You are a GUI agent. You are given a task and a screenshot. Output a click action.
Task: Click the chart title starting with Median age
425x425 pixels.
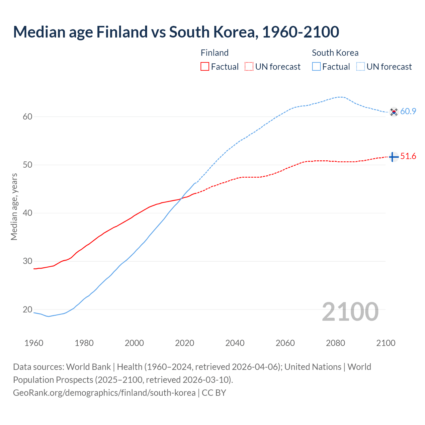click(x=176, y=32)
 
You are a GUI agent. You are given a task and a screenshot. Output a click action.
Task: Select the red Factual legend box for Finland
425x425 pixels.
click(x=205, y=67)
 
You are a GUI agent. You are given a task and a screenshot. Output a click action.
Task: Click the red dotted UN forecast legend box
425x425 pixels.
click(x=249, y=67)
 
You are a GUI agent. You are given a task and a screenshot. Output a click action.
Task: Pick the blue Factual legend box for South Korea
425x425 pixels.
click(x=316, y=67)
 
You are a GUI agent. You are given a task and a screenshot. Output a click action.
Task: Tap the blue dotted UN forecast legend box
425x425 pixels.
click(x=361, y=67)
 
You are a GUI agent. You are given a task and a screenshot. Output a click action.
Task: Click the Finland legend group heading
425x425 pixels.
click(x=214, y=53)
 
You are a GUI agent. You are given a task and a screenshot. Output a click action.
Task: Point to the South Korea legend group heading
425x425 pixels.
click(x=335, y=53)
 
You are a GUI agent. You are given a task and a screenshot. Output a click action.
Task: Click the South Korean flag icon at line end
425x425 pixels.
click(x=393, y=112)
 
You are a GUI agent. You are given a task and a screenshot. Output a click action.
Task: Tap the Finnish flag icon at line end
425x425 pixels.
click(x=393, y=157)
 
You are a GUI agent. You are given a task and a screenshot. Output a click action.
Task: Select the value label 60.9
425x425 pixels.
click(x=408, y=112)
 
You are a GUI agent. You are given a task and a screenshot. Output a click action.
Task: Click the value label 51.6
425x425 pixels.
click(x=408, y=156)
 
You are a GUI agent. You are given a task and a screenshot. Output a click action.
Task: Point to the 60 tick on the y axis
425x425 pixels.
click(x=28, y=117)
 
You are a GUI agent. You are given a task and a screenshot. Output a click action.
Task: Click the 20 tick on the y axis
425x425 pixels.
click(x=28, y=309)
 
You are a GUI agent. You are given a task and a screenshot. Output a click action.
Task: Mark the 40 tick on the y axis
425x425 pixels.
click(x=28, y=213)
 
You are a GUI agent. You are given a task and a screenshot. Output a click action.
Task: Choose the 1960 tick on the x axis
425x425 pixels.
click(x=34, y=343)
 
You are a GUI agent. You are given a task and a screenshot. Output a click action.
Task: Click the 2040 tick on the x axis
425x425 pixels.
click(x=235, y=343)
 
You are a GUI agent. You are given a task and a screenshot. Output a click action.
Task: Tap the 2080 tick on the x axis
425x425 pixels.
click(x=335, y=343)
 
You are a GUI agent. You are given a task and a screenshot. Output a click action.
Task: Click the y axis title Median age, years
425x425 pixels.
click(x=14, y=207)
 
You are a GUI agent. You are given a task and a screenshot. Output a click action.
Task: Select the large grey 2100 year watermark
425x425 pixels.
click(x=350, y=311)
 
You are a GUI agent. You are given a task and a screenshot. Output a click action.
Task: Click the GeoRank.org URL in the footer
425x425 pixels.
click(x=104, y=393)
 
